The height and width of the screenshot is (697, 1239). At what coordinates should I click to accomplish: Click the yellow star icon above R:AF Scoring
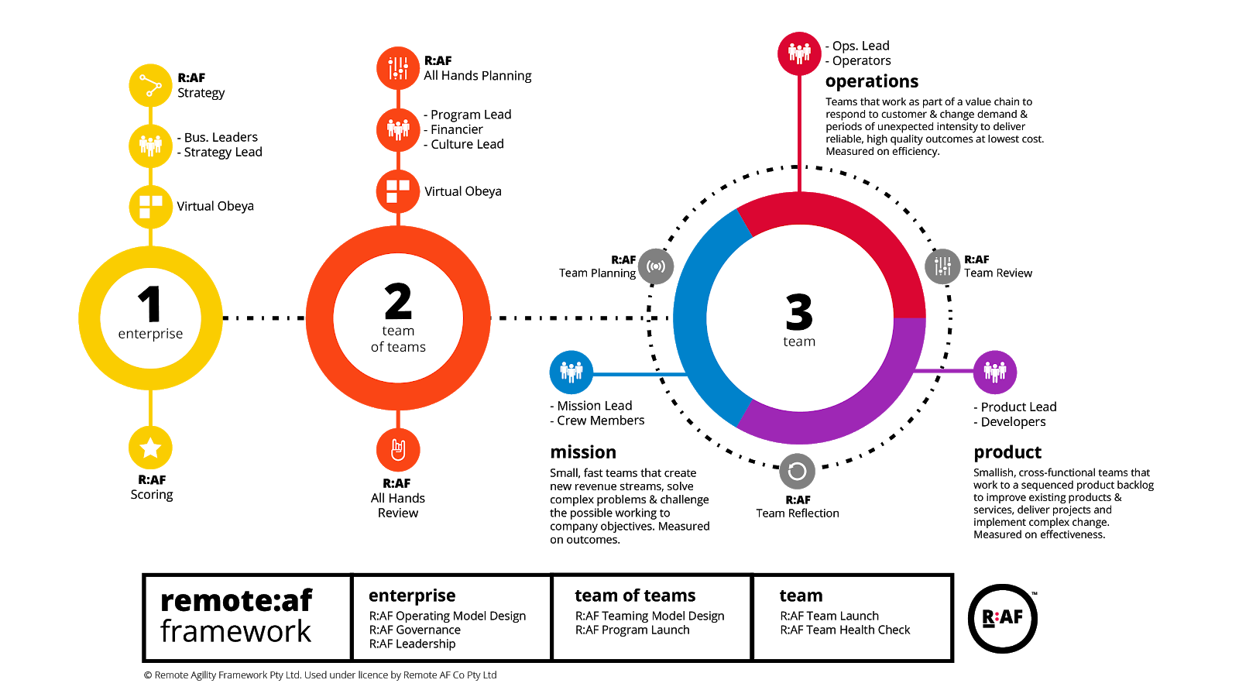150,448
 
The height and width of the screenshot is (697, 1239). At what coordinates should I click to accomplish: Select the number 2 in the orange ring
398,301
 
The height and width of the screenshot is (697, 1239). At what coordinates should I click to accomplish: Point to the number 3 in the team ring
799,312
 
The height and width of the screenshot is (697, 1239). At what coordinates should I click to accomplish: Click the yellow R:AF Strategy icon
150,86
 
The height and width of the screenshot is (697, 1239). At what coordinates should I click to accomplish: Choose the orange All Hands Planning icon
398,68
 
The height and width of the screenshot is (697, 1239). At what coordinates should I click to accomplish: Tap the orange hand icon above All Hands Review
398,450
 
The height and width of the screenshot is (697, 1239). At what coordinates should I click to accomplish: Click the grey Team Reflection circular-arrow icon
797,472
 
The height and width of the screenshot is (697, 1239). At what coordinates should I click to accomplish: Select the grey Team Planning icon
656,266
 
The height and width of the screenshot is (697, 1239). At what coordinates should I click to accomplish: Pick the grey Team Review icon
942,266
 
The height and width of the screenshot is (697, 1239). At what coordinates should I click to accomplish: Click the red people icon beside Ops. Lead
799,53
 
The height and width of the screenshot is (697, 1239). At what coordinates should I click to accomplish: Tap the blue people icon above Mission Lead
571,373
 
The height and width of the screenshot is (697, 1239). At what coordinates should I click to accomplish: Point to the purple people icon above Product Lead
995,373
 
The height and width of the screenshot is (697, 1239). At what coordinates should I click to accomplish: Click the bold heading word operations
872,82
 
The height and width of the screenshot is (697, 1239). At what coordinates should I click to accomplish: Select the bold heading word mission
583,452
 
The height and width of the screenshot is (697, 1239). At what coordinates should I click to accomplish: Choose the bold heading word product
1007,453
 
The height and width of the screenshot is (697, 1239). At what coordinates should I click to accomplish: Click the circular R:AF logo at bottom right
1002,619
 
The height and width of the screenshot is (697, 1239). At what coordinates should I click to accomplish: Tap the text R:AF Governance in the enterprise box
415,630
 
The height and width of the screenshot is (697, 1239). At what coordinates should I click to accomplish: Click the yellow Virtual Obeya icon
150,207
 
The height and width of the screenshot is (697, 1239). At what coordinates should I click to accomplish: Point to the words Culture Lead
468,144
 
